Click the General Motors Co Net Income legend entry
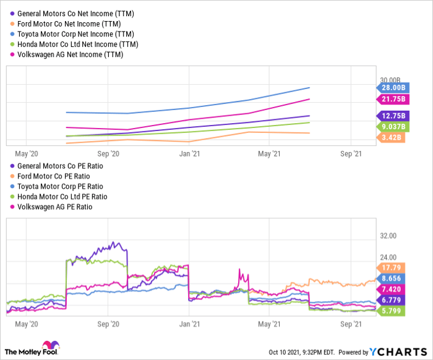pyautogui.click(x=75, y=13)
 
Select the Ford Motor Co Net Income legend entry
pyautogui.click(x=69, y=24)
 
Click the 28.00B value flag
pyautogui.click(x=391, y=88)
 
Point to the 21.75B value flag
pyautogui.click(x=391, y=100)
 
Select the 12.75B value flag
pyautogui.click(x=391, y=116)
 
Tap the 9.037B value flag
pyautogui.click(x=391, y=127)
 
